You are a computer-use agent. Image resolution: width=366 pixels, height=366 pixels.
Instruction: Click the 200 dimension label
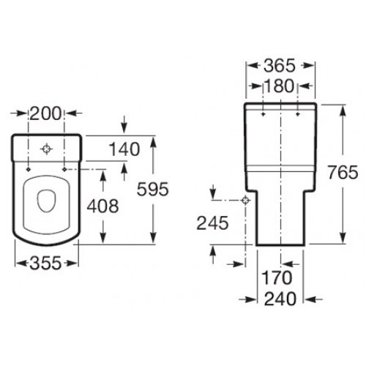[x=45, y=113]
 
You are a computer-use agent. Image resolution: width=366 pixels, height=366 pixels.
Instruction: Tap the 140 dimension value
[x=124, y=149]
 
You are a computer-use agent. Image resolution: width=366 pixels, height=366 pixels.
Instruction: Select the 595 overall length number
[x=153, y=189]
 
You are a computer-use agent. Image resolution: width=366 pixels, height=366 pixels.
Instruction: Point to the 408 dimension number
[x=103, y=206]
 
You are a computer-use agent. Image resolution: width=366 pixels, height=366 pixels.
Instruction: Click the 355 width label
[x=45, y=263]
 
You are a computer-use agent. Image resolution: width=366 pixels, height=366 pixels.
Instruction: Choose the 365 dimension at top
[x=280, y=66]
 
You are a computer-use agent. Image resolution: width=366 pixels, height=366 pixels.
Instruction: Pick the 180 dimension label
[x=279, y=86]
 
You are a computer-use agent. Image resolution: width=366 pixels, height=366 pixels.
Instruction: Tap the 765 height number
[x=343, y=172]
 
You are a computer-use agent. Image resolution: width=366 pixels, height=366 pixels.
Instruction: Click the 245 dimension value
[x=212, y=223]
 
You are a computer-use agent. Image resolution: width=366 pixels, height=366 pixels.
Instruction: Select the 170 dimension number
[x=277, y=277]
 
